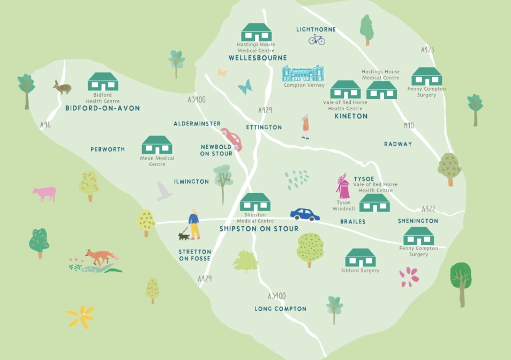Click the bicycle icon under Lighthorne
(317, 40)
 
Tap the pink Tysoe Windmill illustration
(342, 187)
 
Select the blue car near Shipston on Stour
(305, 214)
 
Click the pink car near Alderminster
(232, 139)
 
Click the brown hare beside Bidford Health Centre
(62, 87)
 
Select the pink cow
(44, 193)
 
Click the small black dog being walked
(184, 235)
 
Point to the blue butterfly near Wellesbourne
(245, 87)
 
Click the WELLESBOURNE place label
(258, 58)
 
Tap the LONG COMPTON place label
(281, 309)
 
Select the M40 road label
(409, 126)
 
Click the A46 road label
(46, 125)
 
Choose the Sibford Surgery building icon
(360, 258)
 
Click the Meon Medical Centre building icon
(156, 145)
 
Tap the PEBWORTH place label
(108, 149)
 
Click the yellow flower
(80, 316)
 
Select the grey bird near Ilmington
(164, 191)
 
